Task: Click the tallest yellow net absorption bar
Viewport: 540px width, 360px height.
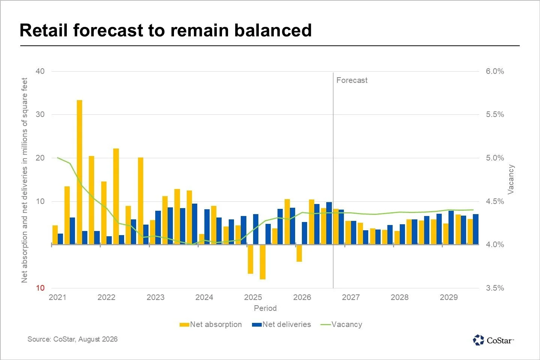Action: [x=79, y=172]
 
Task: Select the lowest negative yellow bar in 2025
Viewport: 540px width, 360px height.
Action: [x=262, y=262]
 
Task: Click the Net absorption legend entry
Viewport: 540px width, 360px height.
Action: [x=211, y=324]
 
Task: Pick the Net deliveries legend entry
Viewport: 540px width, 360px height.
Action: [x=281, y=324]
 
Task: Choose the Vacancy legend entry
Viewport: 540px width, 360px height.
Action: [x=341, y=324]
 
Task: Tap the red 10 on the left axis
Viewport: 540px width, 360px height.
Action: [x=40, y=288]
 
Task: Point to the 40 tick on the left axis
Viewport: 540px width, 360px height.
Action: [x=40, y=71]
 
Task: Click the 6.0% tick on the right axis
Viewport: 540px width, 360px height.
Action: [x=495, y=71]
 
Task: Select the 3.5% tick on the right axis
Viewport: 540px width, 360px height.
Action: [x=495, y=288]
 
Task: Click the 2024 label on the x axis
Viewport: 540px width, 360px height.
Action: [x=204, y=297]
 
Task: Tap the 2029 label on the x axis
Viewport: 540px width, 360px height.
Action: [x=448, y=297]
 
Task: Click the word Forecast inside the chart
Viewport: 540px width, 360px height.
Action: [x=352, y=80]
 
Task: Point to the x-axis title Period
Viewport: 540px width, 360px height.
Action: [x=265, y=308]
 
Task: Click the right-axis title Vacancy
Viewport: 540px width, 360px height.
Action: [x=511, y=179]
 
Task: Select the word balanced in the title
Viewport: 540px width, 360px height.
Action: [x=273, y=30]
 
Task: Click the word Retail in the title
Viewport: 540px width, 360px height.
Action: [x=43, y=30]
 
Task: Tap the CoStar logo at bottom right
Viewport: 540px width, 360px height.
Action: [x=493, y=340]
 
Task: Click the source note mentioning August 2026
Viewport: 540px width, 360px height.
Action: [x=73, y=339]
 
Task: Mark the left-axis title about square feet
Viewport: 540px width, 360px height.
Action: [x=25, y=180]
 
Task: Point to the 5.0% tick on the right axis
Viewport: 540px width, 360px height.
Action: [x=495, y=158]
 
